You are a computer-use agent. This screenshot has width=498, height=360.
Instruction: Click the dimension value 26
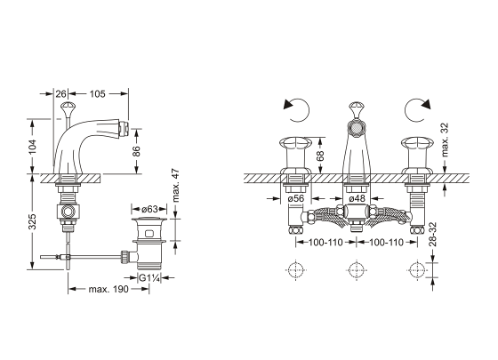tap(61, 94)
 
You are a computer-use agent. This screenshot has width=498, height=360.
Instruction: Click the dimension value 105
tap(97, 94)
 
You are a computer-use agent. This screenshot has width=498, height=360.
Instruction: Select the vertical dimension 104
tap(33, 147)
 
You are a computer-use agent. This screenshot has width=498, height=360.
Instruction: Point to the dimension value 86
tap(136, 151)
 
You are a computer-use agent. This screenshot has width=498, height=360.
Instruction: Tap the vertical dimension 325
tap(33, 221)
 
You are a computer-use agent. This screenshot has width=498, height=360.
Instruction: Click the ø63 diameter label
tap(149, 209)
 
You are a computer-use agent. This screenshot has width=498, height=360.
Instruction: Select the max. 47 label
tap(176, 185)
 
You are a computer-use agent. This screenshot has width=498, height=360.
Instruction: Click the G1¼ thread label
tap(149, 278)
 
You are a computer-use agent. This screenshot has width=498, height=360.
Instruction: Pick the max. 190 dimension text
tap(108, 289)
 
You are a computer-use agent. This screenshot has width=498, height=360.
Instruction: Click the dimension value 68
tap(320, 156)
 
